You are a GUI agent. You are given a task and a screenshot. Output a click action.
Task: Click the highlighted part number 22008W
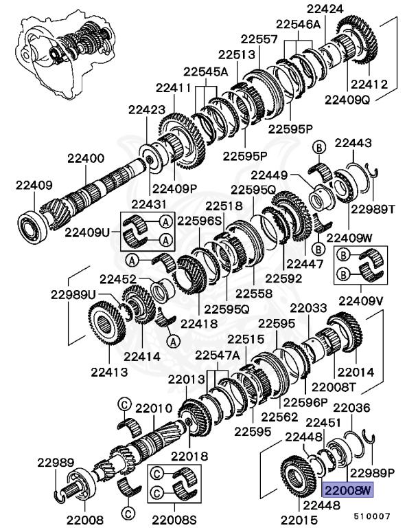coord(347,490)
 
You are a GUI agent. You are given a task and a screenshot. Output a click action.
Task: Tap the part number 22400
coord(86,157)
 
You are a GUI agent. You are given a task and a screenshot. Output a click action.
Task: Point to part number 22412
coord(369,85)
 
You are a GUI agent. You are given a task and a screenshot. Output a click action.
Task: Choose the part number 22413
coord(110,373)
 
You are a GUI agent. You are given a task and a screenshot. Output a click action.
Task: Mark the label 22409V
coord(360,301)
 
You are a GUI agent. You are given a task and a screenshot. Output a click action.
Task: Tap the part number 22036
coord(351,407)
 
